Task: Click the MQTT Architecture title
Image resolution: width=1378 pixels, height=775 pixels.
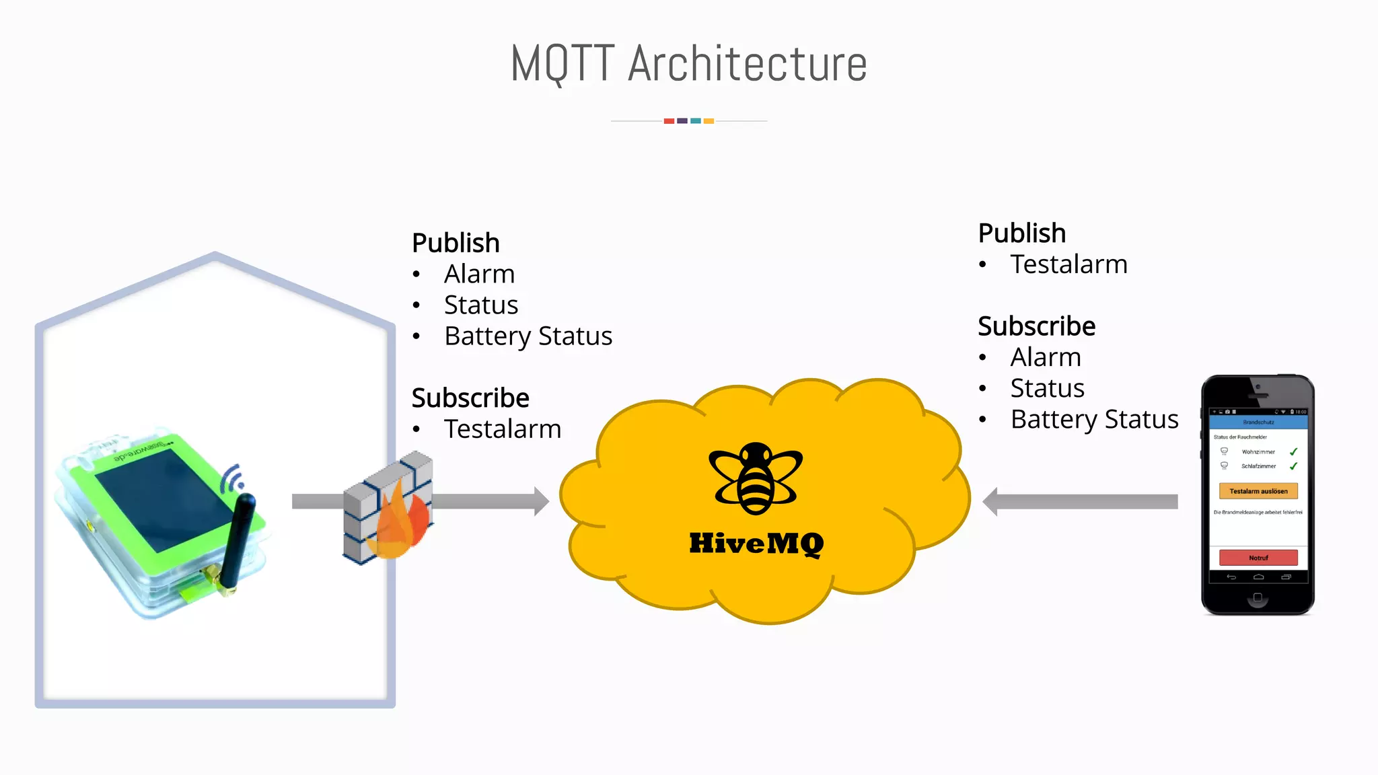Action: click(688, 63)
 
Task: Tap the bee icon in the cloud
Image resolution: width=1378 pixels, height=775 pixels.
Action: click(756, 478)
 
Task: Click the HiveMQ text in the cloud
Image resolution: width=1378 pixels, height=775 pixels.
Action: click(756, 544)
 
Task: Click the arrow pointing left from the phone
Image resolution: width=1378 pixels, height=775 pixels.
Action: click(1080, 501)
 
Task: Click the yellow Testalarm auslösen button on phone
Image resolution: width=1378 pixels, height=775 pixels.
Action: click(1258, 491)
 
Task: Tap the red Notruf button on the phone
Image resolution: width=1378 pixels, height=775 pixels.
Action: click(1258, 558)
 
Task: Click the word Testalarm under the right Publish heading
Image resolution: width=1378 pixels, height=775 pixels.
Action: click(1068, 264)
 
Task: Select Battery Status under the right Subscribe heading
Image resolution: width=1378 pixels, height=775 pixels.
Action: click(1094, 419)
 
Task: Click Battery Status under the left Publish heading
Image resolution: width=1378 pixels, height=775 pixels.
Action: click(528, 336)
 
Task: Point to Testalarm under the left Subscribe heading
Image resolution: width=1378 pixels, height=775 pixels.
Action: click(503, 429)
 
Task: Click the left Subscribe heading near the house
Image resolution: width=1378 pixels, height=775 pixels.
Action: click(470, 398)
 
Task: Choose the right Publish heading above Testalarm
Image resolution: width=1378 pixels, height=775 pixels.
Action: click(1021, 233)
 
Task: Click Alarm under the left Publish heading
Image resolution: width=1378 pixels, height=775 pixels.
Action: click(479, 274)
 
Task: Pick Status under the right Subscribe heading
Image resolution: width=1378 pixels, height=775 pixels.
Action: click(1047, 388)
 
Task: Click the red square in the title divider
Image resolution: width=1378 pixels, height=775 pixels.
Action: click(669, 121)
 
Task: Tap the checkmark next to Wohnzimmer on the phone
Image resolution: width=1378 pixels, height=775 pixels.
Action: click(1293, 452)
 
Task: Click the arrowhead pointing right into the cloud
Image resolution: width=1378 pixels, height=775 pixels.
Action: click(541, 501)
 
